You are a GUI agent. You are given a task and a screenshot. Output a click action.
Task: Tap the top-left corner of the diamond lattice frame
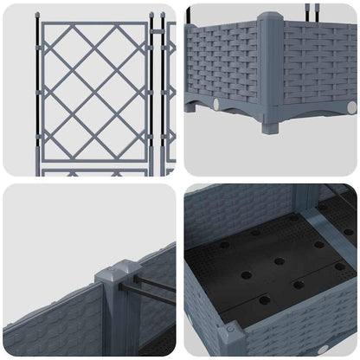click(44, 24)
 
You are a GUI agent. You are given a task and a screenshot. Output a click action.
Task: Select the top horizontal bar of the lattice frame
click(94, 24)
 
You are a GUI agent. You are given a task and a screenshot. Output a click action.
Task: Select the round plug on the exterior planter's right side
click(351, 106)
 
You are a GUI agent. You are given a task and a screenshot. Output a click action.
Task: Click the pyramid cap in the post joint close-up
click(120, 270)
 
